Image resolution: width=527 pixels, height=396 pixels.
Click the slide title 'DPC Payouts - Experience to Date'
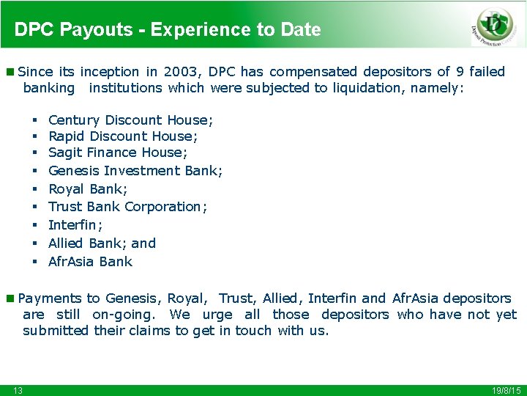(x=168, y=30)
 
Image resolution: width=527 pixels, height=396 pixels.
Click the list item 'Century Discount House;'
(x=130, y=120)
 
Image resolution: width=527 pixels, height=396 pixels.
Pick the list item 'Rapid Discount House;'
(x=123, y=136)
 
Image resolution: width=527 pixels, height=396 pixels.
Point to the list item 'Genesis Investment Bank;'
(x=135, y=171)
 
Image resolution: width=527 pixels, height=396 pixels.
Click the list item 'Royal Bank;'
(x=90, y=188)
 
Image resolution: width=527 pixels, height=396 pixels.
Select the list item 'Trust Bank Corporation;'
(x=127, y=207)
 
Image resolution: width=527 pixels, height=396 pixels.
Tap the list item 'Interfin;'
(x=75, y=225)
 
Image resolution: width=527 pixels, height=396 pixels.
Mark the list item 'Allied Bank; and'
(x=102, y=243)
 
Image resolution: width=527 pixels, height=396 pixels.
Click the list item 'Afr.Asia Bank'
(x=90, y=262)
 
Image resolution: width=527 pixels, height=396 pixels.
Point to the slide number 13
(x=18, y=390)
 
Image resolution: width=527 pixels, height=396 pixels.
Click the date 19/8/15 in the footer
(x=507, y=390)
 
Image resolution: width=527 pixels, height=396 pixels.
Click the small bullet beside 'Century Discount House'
(x=34, y=120)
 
